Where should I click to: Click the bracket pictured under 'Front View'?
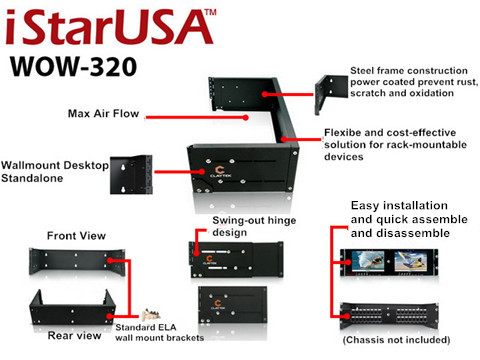point(72,263)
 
